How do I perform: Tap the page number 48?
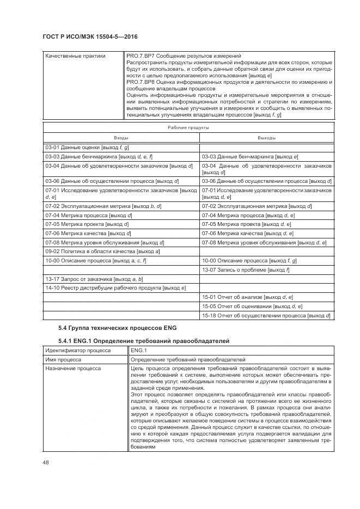coord(46,463)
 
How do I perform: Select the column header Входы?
coord(121,138)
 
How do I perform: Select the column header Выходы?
coord(266,138)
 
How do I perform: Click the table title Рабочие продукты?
coord(188,127)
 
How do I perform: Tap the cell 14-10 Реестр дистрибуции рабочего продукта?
coord(115,287)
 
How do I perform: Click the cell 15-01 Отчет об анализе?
coord(247,297)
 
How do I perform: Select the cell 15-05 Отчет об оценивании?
coord(252,306)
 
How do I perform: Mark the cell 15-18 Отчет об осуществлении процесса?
coord(266,316)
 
